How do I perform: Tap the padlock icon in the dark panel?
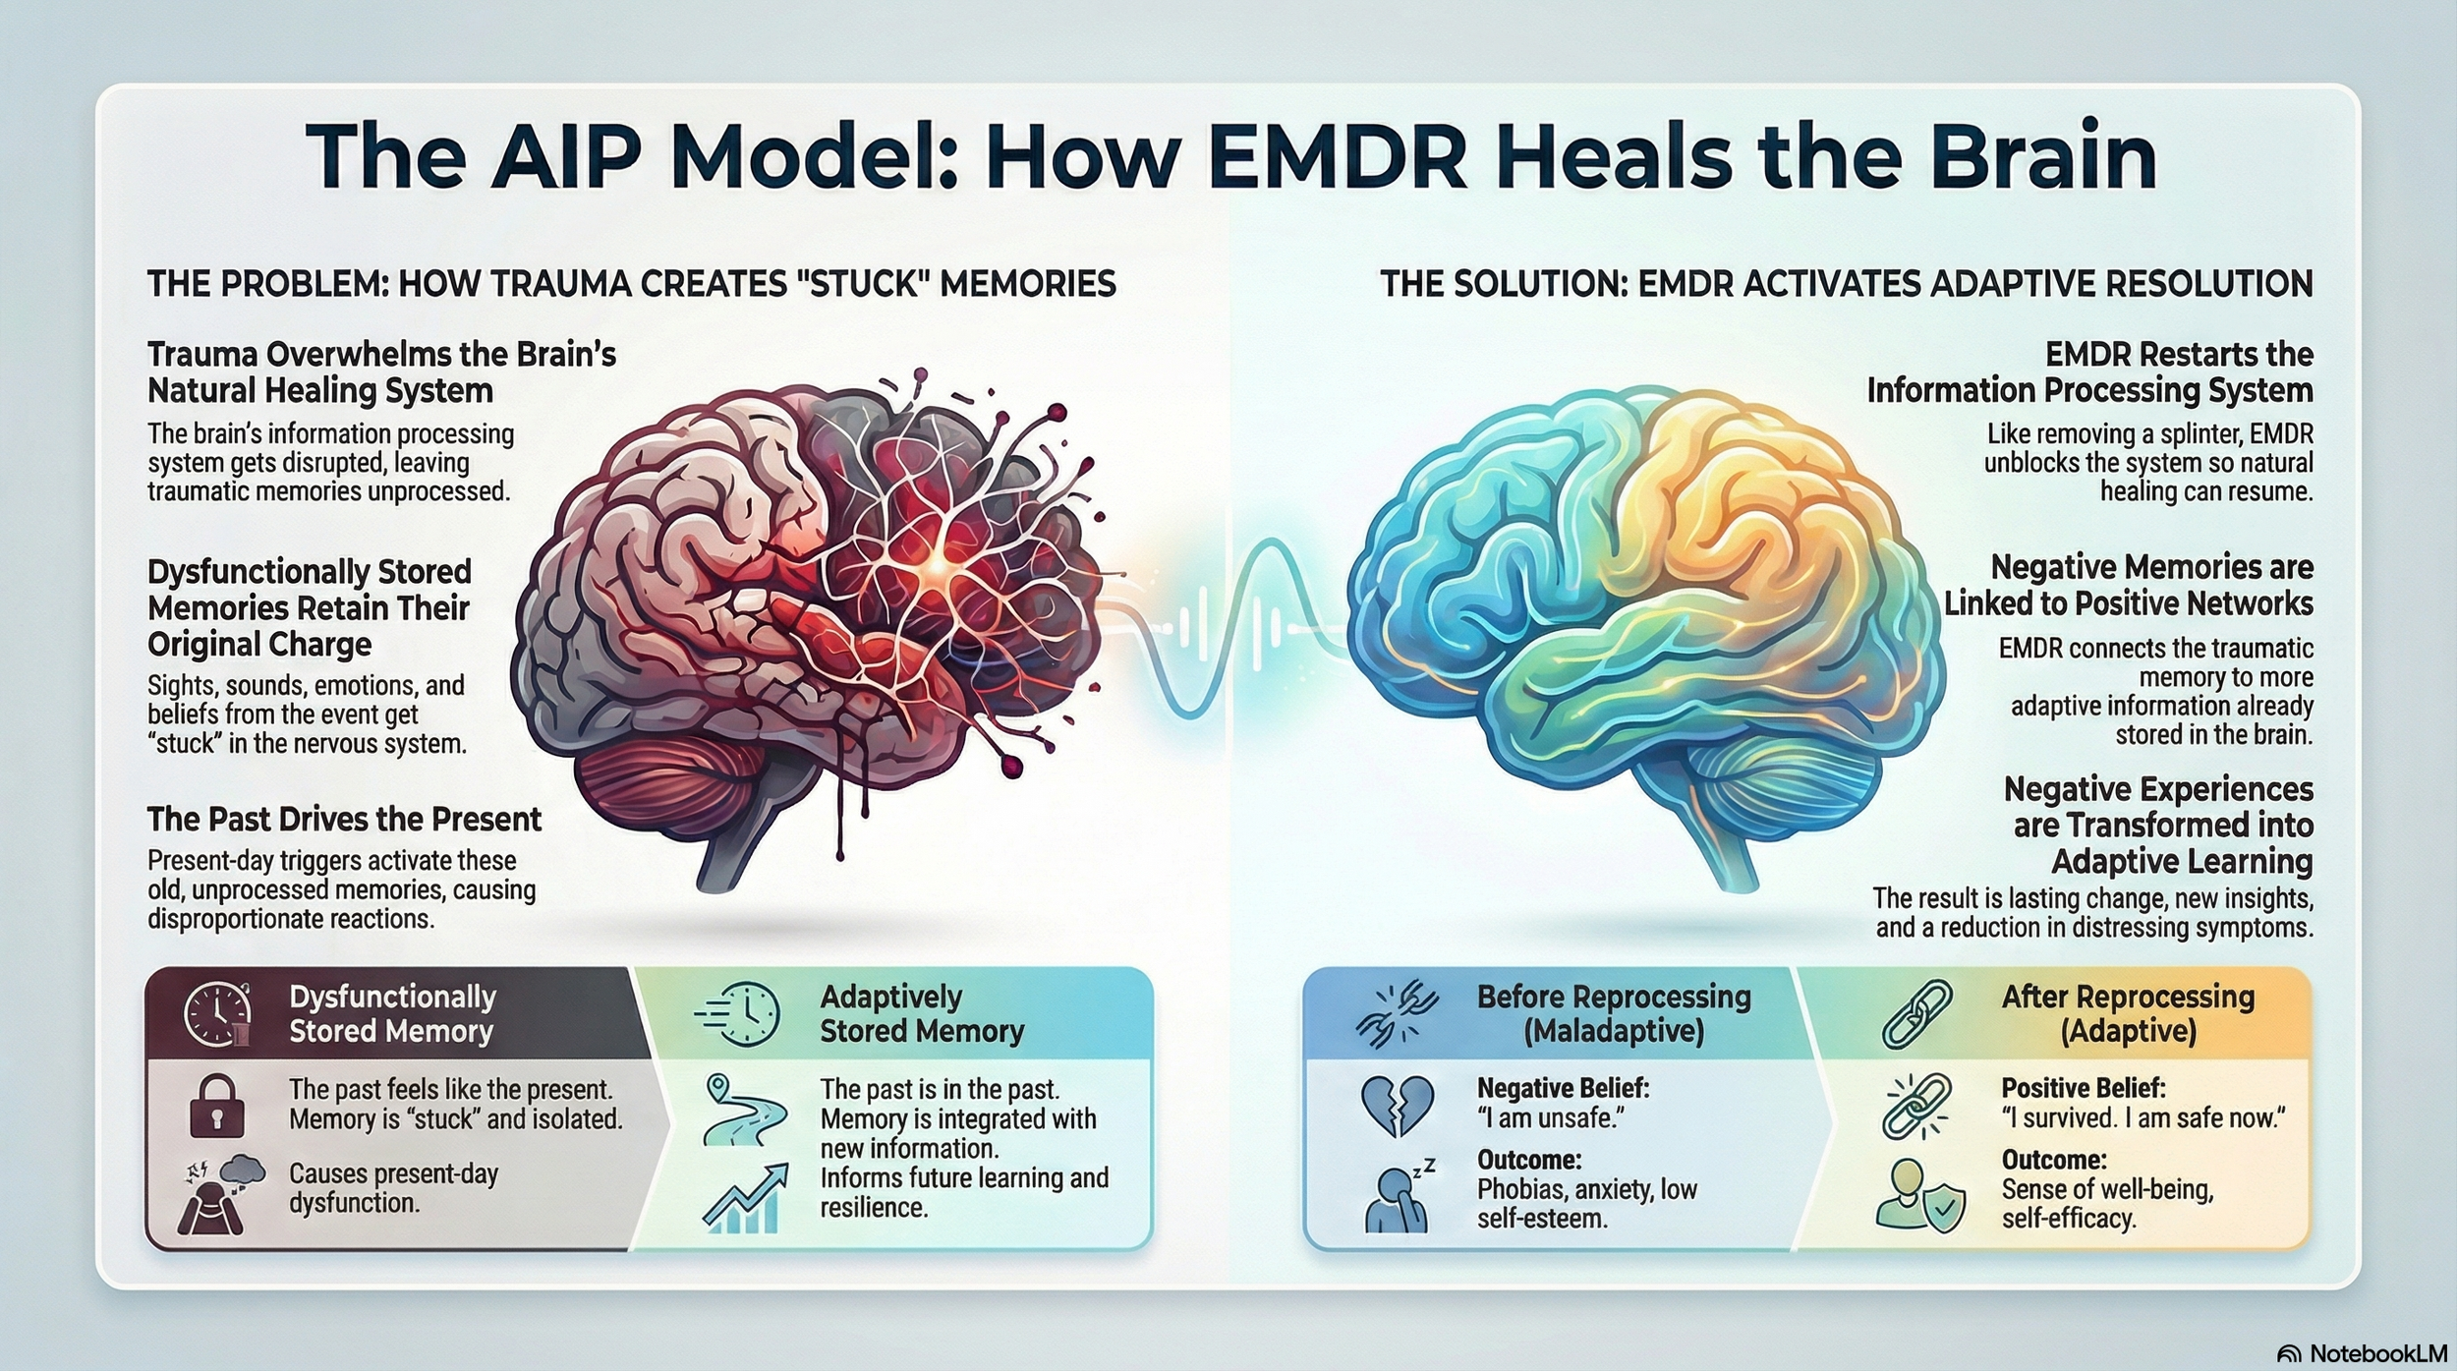[x=216, y=1105]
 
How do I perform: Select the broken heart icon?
[x=1398, y=1105]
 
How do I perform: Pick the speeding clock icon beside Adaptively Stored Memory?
[x=739, y=1013]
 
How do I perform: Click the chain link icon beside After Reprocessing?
[x=1917, y=1013]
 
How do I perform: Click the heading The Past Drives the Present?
[x=344, y=819]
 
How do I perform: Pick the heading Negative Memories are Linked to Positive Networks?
[x=2128, y=585]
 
